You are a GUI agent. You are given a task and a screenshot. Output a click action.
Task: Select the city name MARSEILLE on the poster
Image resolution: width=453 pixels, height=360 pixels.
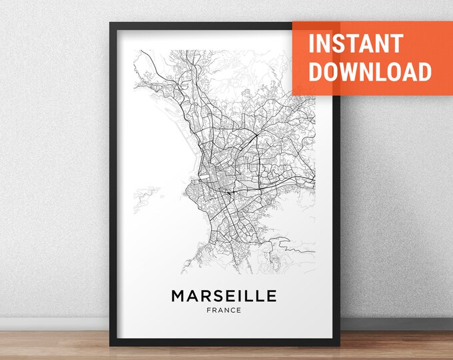[224, 295]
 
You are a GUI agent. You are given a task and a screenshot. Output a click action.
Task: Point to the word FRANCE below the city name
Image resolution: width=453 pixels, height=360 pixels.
[224, 310]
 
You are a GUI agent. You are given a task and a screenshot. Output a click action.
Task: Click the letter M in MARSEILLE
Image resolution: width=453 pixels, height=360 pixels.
[179, 295]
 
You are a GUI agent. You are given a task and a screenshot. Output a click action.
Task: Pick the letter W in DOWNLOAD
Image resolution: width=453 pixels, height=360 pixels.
[353, 72]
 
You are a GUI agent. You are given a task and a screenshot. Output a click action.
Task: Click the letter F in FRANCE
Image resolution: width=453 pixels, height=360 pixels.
[209, 310]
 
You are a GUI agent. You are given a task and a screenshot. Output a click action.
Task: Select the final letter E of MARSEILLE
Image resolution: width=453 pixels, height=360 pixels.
[271, 295]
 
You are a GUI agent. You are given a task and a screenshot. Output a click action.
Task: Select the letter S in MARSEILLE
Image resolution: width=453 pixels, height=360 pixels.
[214, 295]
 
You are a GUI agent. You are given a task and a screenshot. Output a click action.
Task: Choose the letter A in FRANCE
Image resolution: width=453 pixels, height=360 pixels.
[221, 310]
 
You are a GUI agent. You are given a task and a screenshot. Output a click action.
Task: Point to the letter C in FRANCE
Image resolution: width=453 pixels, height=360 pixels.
[233, 310]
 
